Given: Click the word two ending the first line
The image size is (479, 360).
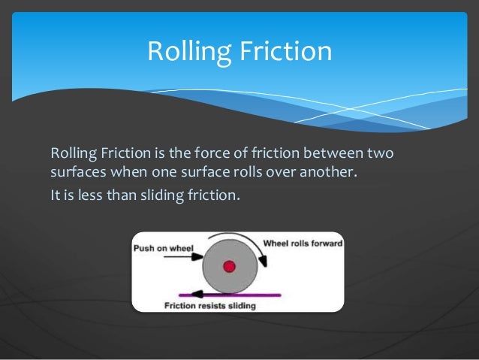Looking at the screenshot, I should click(381, 154).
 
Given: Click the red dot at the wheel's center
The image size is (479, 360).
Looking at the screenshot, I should click(229, 266).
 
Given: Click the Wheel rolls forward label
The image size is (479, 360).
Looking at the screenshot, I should click(303, 244).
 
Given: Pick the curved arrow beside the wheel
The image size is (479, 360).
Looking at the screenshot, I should click(261, 265).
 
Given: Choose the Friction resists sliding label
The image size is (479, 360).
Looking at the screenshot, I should click(209, 306).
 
